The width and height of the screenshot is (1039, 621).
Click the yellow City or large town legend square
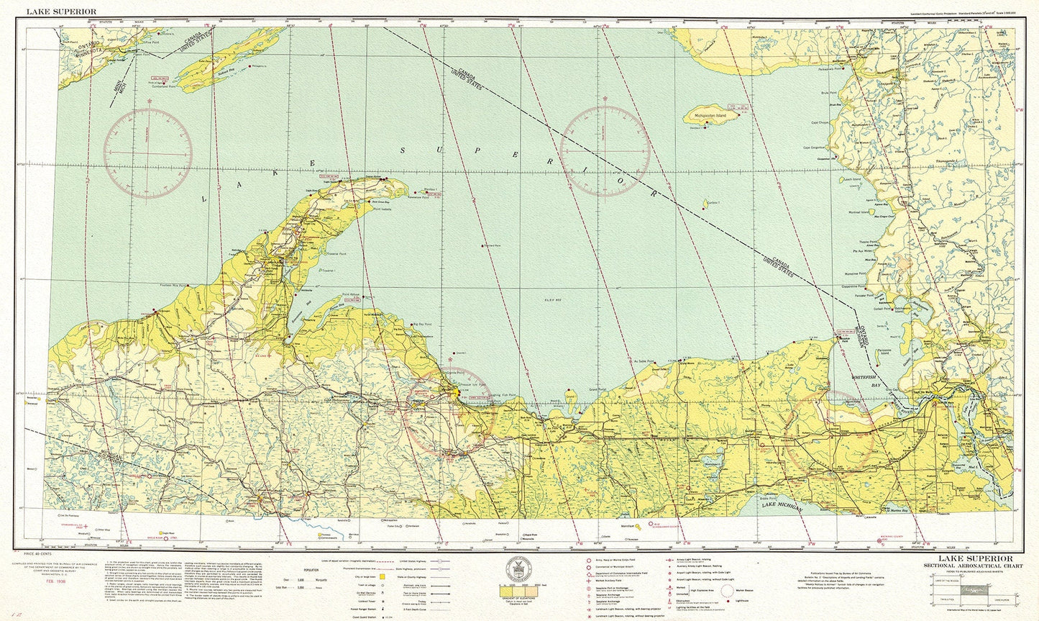click(383, 576)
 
